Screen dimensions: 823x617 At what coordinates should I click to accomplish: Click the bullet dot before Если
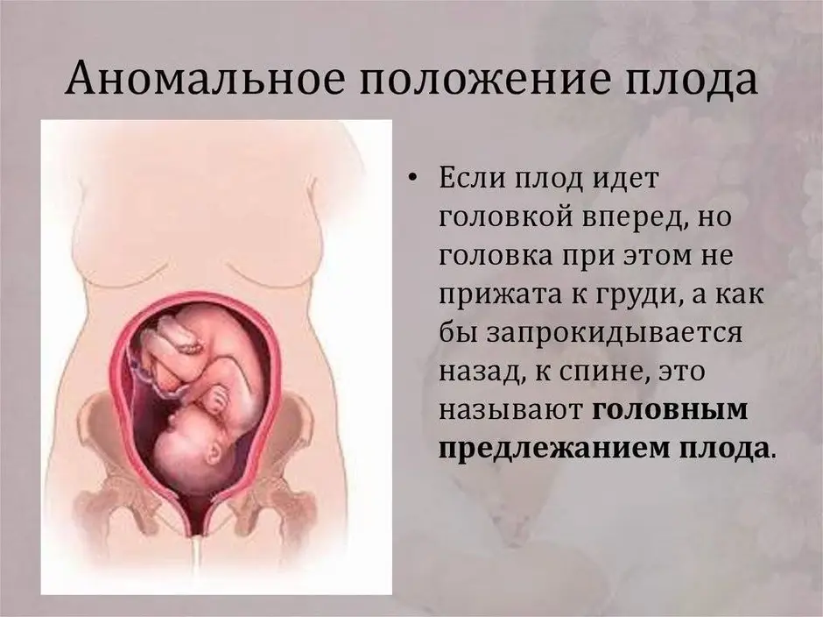413,179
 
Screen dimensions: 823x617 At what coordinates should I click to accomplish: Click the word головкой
505,217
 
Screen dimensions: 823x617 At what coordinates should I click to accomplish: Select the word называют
510,410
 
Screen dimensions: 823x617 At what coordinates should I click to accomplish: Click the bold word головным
670,410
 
